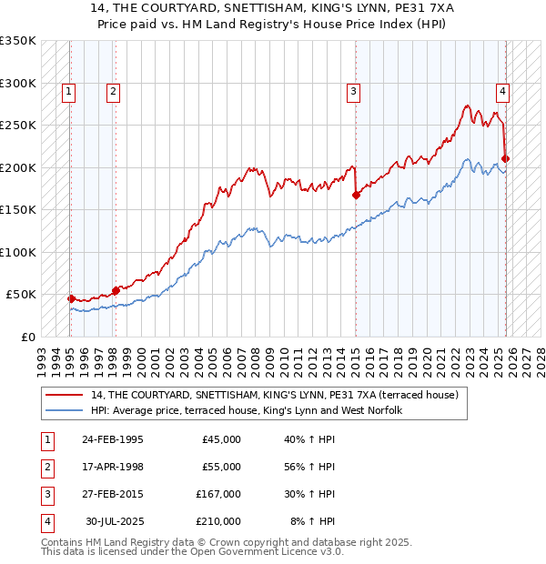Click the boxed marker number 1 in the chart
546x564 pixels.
tap(69, 90)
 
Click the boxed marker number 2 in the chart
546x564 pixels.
tap(112, 90)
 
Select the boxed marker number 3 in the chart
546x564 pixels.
tap(352, 90)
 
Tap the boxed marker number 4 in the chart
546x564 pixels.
tap(502, 90)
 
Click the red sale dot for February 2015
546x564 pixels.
tap(356, 195)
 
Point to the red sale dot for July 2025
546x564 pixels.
tap(506, 158)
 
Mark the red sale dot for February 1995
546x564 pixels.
tap(71, 298)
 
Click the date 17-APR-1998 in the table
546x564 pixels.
tap(112, 467)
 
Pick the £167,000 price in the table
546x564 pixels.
tap(218, 494)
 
